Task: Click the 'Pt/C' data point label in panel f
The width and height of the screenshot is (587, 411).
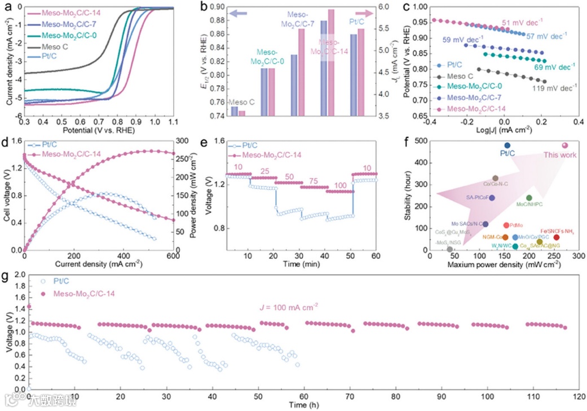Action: click(x=506, y=153)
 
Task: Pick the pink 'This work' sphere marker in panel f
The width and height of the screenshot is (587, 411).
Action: click(x=565, y=145)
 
